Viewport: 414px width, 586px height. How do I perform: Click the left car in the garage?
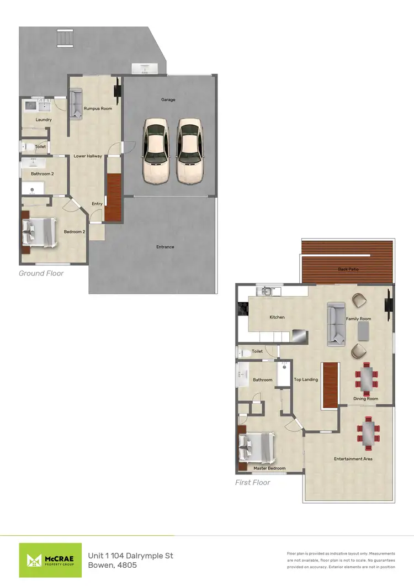[155, 150]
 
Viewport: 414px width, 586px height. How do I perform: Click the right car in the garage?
[189, 150]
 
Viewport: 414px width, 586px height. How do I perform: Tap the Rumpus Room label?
[98, 108]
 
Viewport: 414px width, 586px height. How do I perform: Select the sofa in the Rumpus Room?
[75, 103]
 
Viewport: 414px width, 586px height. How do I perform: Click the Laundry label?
[44, 120]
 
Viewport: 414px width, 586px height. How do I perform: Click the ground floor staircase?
[113, 197]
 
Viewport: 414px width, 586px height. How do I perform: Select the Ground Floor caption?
[41, 273]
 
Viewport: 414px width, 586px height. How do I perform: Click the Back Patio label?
[348, 270]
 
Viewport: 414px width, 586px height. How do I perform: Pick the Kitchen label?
[277, 318]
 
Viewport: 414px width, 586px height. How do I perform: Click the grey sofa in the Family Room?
[336, 324]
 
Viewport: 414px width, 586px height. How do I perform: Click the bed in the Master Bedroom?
[257, 447]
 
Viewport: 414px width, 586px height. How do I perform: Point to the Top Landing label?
[306, 379]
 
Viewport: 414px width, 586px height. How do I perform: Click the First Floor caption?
[253, 482]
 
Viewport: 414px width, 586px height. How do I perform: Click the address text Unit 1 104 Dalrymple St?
[131, 555]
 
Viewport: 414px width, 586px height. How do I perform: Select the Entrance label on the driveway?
[165, 247]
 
